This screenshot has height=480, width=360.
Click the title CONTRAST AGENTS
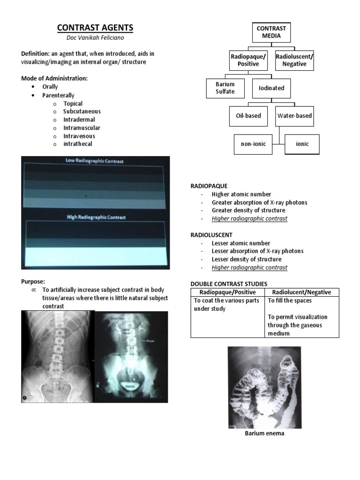coord(95,28)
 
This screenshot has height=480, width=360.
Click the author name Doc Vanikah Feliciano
coord(95,38)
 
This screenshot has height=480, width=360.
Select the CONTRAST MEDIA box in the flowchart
coord(271,32)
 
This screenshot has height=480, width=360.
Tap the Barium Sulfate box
coord(225,88)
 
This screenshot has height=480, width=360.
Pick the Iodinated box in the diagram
coord(271,88)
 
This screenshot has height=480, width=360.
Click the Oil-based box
coord(248,116)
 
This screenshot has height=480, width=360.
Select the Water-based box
coord(294,116)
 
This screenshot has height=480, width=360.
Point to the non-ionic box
coord(253,144)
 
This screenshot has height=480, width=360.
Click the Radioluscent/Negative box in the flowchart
coord(294,60)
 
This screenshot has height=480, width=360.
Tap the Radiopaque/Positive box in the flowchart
coord(248,60)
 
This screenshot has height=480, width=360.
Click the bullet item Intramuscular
coord(82,128)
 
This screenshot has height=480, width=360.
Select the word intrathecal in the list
coord(78,144)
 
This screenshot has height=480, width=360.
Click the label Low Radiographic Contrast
coord(95,160)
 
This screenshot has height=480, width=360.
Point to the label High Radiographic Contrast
coord(95,217)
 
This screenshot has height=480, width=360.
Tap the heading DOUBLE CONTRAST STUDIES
coord(229,284)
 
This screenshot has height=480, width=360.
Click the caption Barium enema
coord(264,433)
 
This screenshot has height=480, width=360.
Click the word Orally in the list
coord(50,87)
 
